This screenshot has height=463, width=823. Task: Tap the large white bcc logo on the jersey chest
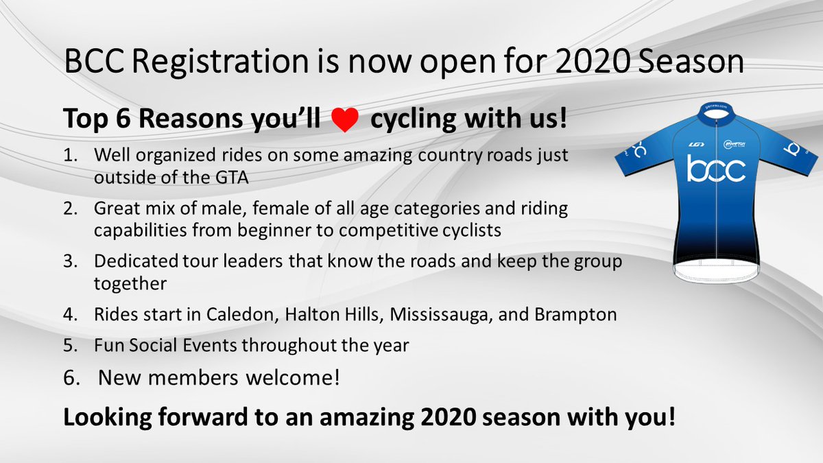[x=716, y=169]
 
